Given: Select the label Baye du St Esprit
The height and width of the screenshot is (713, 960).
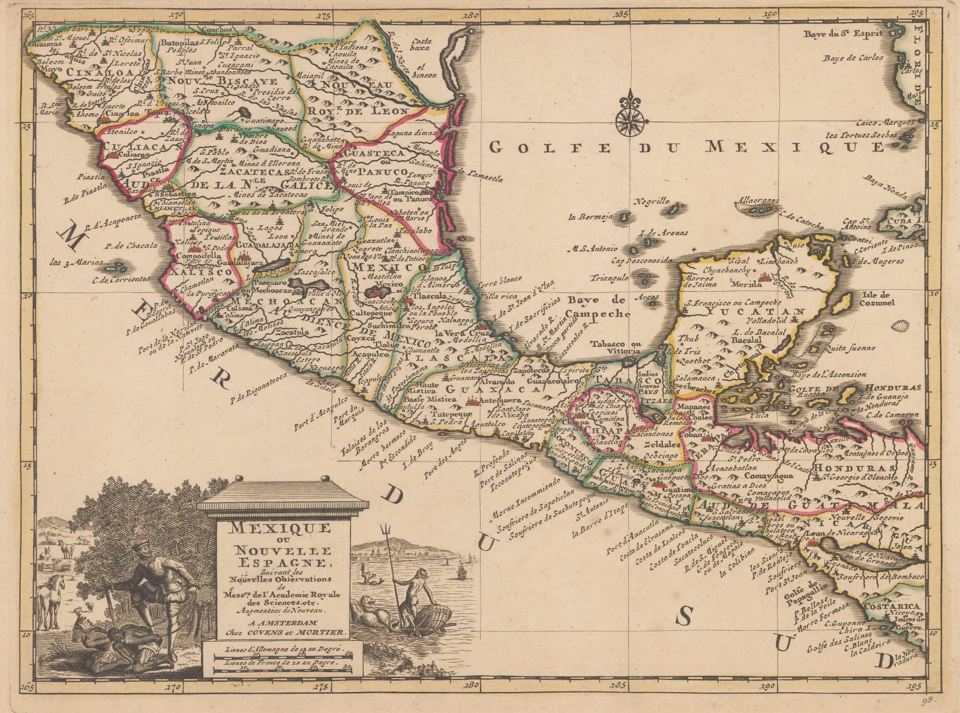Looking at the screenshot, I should coord(844,34).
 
